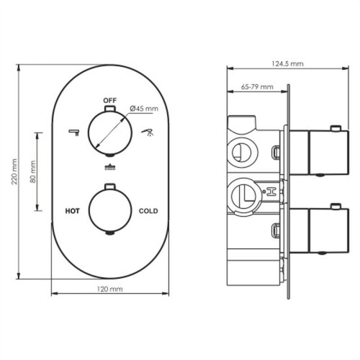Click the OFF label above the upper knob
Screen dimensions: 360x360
click(109, 99)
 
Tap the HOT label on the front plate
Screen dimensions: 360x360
click(72, 211)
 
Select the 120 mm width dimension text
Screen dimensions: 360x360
click(109, 288)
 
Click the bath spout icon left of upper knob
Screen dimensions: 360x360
click(73, 132)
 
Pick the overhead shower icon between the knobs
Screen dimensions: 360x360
click(109, 168)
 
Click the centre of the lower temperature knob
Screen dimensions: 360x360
click(109, 211)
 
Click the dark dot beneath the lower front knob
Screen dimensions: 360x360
click(109, 233)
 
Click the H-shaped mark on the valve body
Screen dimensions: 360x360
click(272, 192)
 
